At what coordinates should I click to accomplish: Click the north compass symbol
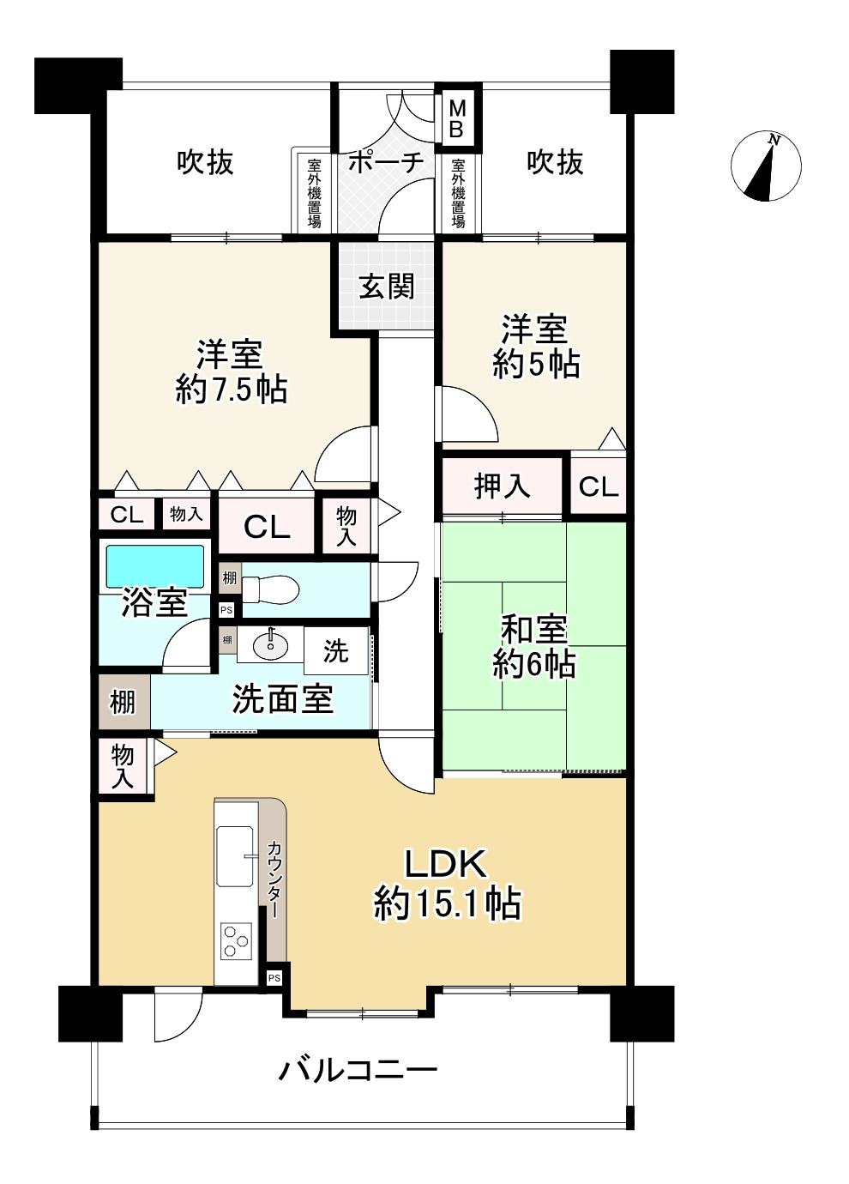click(766, 166)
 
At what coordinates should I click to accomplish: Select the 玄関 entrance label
click(386, 287)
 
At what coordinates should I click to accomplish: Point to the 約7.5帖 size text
click(232, 390)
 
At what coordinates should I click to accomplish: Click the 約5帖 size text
click(536, 364)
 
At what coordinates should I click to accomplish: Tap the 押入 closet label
click(502, 486)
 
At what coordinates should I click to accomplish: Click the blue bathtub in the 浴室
click(155, 566)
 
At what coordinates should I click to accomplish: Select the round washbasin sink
click(271, 645)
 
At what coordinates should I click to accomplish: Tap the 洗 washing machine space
click(336, 650)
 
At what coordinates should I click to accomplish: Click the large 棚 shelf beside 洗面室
click(123, 702)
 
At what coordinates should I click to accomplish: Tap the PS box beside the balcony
click(274, 978)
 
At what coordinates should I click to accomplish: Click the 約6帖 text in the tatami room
click(534, 664)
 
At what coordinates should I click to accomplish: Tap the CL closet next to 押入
click(599, 486)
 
